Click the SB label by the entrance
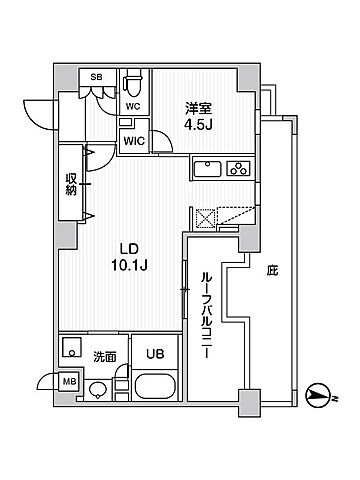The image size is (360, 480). coord(96,77)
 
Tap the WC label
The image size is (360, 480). coord(132,102)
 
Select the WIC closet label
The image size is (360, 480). coord(133,141)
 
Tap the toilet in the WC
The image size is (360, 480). coord(132,83)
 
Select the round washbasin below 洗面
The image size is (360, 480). coord(97,389)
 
